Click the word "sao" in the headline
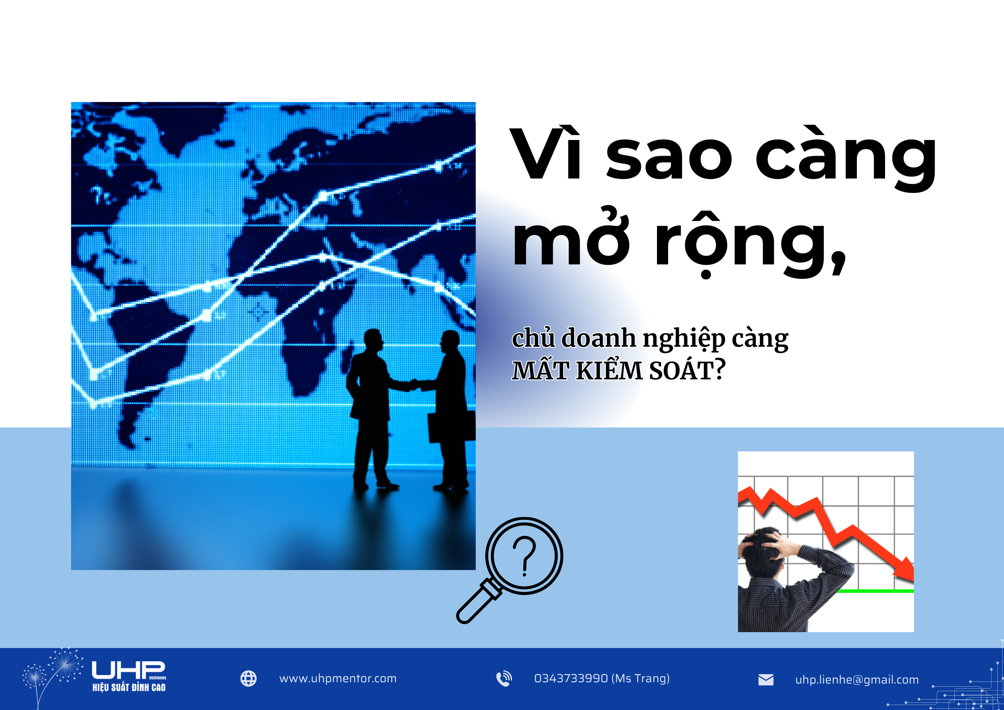668,159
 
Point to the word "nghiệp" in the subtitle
684,339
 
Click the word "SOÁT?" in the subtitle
687,370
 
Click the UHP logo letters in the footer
128,670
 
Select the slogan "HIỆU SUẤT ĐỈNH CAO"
129,687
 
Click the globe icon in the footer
249,679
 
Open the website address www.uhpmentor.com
338,679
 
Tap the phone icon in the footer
504,679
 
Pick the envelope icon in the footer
766,680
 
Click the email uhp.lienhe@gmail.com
856,680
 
